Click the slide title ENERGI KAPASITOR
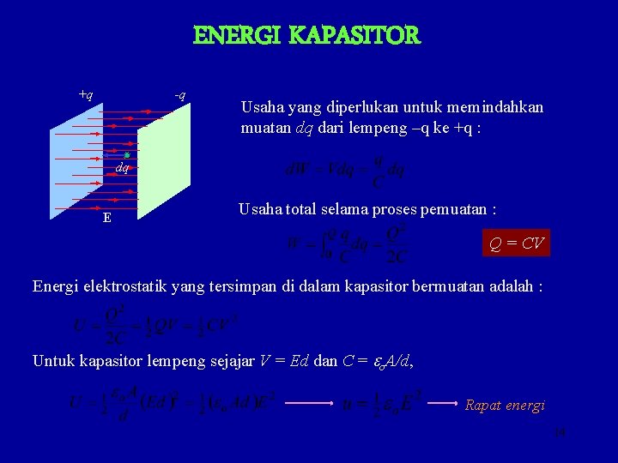[307, 36]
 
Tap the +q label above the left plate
[86, 93]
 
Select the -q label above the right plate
[180, 93]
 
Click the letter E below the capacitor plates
[106, 218]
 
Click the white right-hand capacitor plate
[163, 163]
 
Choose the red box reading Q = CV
[516, 244]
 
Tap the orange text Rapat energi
[505, 406]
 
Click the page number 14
[560, 434]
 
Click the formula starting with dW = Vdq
[344, 170]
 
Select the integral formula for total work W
[348, 245]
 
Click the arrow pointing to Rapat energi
[445, 402]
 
